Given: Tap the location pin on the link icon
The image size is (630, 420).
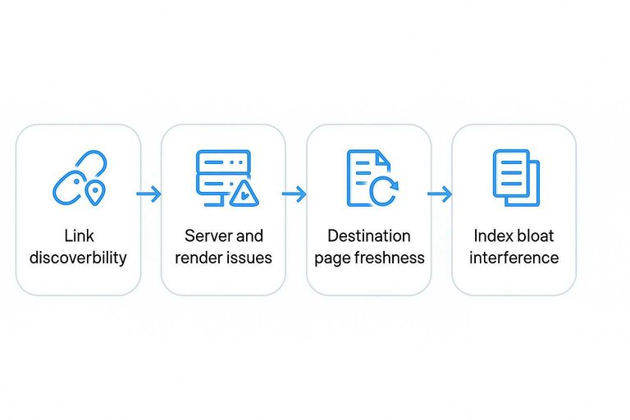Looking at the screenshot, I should [97, 194].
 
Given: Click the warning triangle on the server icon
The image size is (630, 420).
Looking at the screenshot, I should [244, 194].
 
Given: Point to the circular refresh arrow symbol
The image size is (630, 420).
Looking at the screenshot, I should [383, 190].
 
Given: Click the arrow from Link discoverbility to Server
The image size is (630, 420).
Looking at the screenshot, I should [149, 194].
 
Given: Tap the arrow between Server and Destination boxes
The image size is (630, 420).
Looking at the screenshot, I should [294, 194].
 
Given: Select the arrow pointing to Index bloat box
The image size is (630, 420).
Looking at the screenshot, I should [441, 194].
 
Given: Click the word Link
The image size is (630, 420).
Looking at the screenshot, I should [78, 236].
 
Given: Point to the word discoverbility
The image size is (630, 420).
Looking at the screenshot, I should [78, 258].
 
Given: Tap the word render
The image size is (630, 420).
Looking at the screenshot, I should [203, 258].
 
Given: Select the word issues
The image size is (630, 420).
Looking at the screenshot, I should [250, 258].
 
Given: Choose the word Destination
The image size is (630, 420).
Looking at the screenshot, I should [369, 236].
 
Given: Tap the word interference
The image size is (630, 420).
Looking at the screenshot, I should [514, 258].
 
